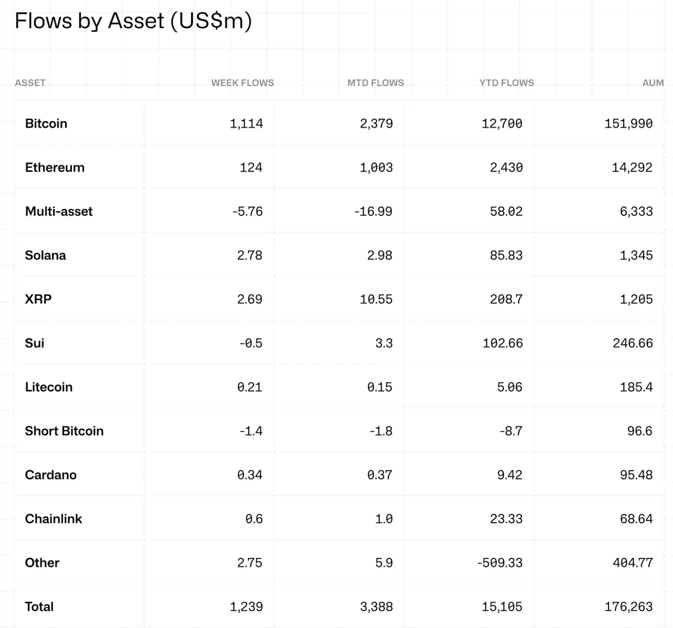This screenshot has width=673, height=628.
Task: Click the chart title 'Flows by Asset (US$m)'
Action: tap(133, 21)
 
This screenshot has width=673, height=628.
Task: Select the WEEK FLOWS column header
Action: tap(242, 83)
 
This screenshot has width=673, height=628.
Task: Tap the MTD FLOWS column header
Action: tap(375, 83)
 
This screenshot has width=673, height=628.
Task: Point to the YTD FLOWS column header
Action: tap(507, 83)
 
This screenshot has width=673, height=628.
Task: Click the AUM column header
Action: tap(653, 83)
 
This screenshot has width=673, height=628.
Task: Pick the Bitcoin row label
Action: tap(46, 123)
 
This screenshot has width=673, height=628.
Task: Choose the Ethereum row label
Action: tap(55, 168)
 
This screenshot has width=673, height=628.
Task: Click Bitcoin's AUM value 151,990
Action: tap(629, 123)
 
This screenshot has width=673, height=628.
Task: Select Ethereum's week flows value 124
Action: tap(251, 168)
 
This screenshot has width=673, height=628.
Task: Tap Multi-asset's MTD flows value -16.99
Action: tap(373, 211)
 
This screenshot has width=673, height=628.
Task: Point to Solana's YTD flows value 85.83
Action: tap(506, 255)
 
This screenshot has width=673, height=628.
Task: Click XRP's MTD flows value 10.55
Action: tap(376, 299)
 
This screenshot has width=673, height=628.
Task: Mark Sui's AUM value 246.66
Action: tap(632, 343)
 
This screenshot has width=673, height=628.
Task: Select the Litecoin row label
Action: tap(48, 387)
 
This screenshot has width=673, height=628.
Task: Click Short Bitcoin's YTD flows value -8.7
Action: tap(511, 431)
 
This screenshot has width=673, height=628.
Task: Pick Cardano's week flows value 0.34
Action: tap(250, 475)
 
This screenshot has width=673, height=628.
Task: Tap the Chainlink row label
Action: tap(53, 519)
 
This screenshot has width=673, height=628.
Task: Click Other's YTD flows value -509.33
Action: tap(499, 563)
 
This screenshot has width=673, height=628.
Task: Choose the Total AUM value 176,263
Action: tap(629, 607)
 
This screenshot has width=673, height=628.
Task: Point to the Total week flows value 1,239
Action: tap(246, 607)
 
